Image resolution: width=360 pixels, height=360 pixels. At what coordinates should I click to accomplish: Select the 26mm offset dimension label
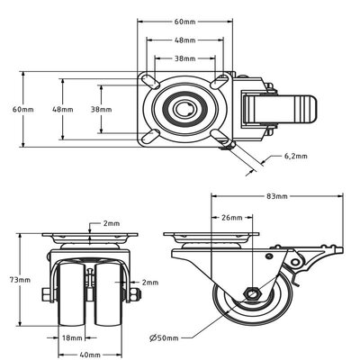pyautogui.click(x=230, y=218)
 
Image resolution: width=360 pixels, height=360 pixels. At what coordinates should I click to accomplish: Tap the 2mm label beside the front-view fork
pyautogui.click(x=149, y=281)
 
